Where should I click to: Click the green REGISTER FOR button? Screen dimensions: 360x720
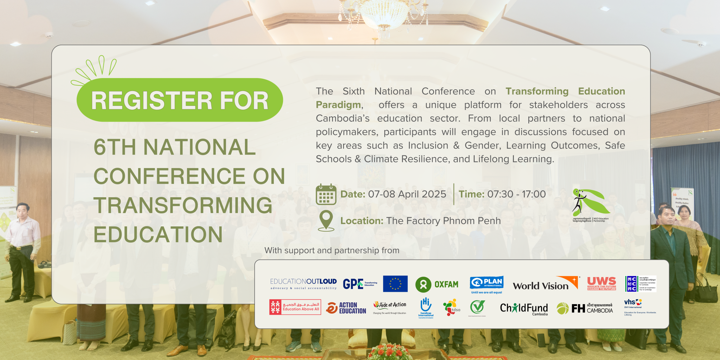pyautogui.click(x=180, y=100)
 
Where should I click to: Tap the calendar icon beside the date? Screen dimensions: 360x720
pyautogui.click(x=326, y=194)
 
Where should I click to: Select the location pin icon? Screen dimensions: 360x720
pyautogui.click(x=326, y=220)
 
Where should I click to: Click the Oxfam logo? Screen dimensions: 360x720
pyautogui.click(x=437, y=284)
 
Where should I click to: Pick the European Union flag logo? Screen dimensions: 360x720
pyautogui.click(x=395, y=284)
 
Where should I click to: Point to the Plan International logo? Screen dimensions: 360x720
pyautogui.click(x=487, y=284)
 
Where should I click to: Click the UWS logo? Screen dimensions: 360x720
pyautogui.click(x=602, y=283)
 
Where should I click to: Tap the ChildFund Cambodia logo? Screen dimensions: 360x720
pyautogui.click(x=524, y=309)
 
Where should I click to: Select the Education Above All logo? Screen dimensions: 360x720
pyautogui.click(x=295, y=307)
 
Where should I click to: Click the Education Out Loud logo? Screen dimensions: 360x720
pyautogui.click(x=303, y=283)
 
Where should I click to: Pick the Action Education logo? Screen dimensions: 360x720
pyautogui.click(x=346, y=308)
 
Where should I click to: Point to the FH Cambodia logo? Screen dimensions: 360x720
pyautogui.click(x=585, y=308)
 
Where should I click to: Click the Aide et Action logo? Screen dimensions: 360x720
pyautogui.click(x=390, y=307)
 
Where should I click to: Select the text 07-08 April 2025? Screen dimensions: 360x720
pyautogui.click(x=407, y=194)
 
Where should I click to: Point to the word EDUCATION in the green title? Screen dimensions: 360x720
pyautogui.click(x=158, y=234)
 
